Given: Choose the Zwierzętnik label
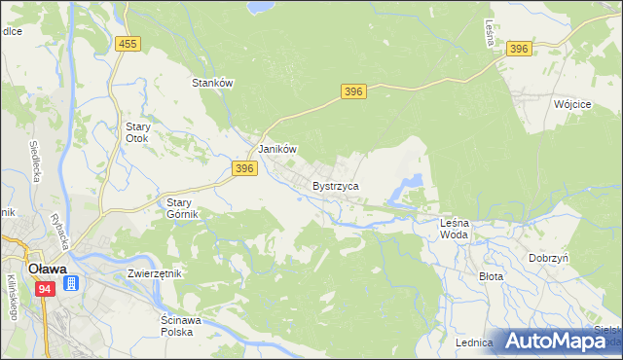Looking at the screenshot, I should pyautogui.click(x=155, y=273).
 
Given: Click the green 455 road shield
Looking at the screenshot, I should pyautogui.click(x=127, y=44).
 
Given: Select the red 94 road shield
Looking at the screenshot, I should pyautogui.click(x=46, y=289).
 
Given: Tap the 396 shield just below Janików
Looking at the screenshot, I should pyautogui.click(x=244, y=168).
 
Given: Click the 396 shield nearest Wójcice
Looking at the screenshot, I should pyautogui.click(x=519, y=49).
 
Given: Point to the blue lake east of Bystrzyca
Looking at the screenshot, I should pyautogui.click(x=410, y=182).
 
